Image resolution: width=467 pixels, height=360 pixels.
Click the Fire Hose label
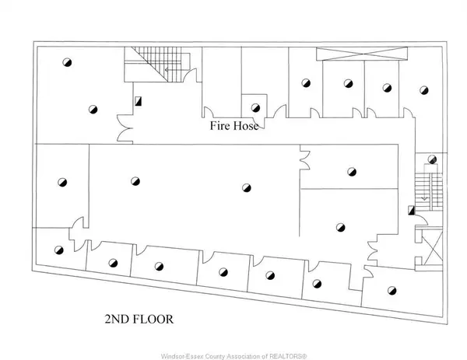[233, 124]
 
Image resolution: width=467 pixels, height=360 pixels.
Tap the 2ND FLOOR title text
[138, 320]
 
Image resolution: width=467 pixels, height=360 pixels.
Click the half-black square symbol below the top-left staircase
[139, 100]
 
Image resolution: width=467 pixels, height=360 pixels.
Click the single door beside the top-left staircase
[188, 75]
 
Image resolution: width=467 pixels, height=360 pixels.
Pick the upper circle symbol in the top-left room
[68, 62]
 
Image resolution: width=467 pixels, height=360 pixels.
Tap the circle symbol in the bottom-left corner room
[58, 250]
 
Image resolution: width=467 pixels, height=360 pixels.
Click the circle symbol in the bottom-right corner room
[392, 291]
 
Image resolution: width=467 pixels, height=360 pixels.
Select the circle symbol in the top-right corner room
[423, 89]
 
